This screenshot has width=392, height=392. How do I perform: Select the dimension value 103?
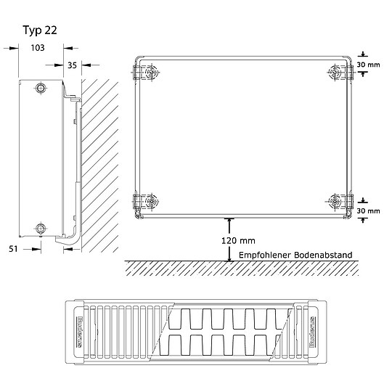[x=38, y=48]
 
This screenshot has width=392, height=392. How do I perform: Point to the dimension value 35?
[x=72, y=65]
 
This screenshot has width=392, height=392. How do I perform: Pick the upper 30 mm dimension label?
[x=369, y=65]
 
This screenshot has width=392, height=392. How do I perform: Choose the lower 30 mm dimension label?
[x=369, y=211]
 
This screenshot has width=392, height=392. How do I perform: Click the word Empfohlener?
[x=264, y=255]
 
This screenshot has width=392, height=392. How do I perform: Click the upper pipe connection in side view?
[x=40, y=89]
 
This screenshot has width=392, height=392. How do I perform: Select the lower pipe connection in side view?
[x=40, y=230]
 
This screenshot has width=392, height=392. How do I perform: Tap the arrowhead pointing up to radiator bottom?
[x=229, y=220]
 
